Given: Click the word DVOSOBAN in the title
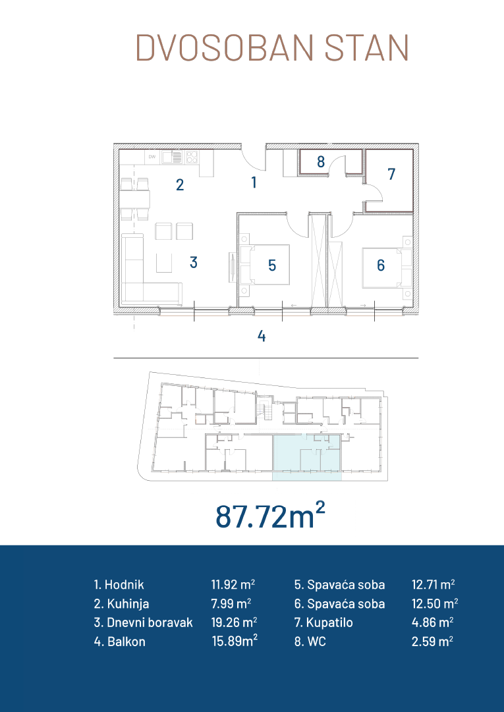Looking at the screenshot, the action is [x=224, y=47].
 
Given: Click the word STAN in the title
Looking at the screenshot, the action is [x=367, y=47].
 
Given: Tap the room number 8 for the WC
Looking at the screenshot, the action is [x=321, y=161].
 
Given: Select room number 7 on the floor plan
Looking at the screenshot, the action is [x=391, y=174].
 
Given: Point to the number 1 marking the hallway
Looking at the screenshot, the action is [x=254, y=182].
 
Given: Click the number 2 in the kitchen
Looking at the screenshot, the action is [x=180, y=185].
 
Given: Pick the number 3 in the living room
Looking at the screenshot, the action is [x=194, y=262].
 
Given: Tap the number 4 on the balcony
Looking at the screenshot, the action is [x=261, y=336].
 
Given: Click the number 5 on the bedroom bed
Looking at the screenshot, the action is [x=272, y=265].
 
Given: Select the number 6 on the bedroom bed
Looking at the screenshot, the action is [x=381, y=265].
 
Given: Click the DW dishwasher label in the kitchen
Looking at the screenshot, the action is [x=152, y=157].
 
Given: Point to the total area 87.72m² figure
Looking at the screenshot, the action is [x=270, y=516].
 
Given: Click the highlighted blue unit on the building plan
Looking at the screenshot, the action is [x=306, y=457].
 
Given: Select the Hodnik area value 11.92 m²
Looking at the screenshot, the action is [x=233, y=584].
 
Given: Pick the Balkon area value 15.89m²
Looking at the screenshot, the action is [x=235, y=642].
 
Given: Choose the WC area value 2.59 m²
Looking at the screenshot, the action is [x=432, y=642].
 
